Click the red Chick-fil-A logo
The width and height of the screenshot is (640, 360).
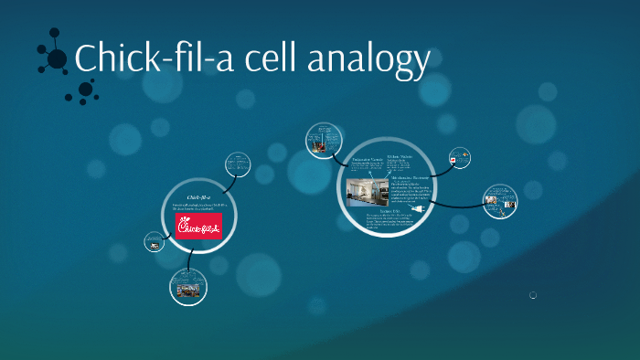[x=199, y=226]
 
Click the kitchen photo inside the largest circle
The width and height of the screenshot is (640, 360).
[x=368, y=192]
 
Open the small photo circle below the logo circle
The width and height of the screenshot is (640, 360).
[x=188, y=287]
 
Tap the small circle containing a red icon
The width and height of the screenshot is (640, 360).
[x=460, y=157]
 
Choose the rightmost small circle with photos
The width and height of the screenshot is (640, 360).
[x=500, y=201]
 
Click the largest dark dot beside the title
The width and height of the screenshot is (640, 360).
[x=57, y=59]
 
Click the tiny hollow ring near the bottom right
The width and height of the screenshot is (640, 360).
[x=533, y=295]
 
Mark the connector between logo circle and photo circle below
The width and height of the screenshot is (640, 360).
[x=191, y=262]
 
